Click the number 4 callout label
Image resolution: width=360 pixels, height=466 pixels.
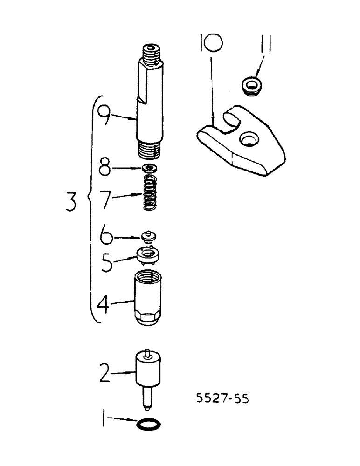[x=104, y=306]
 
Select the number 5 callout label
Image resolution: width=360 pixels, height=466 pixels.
[x=106, y=262]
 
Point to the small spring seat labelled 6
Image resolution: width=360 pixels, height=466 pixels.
[x=148, y=236]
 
